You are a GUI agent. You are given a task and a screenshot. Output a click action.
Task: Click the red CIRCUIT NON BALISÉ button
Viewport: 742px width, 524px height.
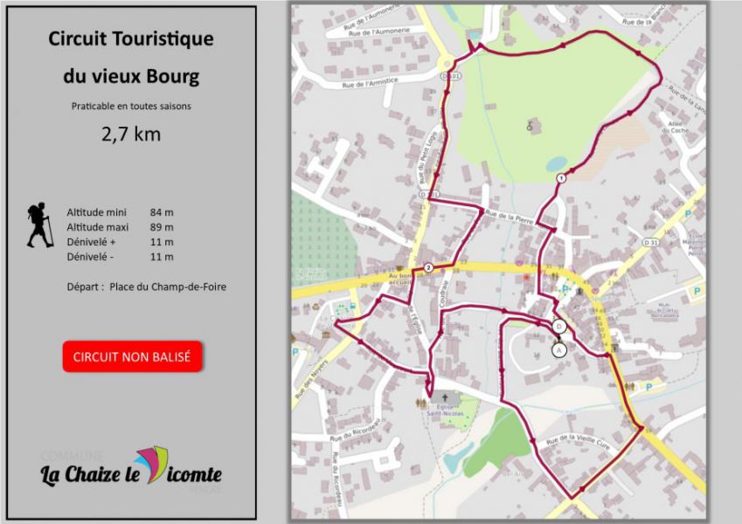pyautogui.click(x=133, y=356)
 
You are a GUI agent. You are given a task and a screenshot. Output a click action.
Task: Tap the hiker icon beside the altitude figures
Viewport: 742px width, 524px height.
pyautogui.click(x=39, y=225)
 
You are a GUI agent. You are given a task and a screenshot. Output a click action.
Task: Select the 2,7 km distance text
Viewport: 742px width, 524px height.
pyautogui.click(x=131, y=134)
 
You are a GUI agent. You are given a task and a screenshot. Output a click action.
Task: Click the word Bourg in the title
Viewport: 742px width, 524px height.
pyautogui.click(x=175, y=76)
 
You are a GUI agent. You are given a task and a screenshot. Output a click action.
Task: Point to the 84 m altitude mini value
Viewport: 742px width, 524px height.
pyautogui.click(x=162, y=212)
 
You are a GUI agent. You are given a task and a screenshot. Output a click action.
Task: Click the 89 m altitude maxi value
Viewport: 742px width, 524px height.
pyautogui.click(x=162, y=227)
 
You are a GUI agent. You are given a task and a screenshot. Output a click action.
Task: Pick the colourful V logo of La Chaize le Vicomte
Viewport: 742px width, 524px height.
pyautogui.click(x=152, y=465)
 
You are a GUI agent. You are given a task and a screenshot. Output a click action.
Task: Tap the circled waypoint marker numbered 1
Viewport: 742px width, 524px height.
pyautogui.click(x=560, y=177)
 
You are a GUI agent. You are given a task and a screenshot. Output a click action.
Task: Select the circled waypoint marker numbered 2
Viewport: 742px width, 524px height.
pyautogui.click(x=428, y=266)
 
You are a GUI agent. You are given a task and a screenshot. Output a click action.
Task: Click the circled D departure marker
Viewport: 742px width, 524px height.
pyautogui.click(x=559, y=327)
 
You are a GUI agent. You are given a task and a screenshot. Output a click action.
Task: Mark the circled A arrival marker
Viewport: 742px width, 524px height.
pyautogui.click(x=558, y=349)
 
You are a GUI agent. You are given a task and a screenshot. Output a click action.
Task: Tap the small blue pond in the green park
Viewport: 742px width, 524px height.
pyautogui.click(x=556, y=163)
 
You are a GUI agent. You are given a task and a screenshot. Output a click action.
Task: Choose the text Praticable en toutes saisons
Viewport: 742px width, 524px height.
pyautogui.click(x=131, y=107)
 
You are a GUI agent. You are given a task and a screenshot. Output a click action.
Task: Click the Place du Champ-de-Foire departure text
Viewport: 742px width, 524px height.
pyautogui.click(x=168, y=286)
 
